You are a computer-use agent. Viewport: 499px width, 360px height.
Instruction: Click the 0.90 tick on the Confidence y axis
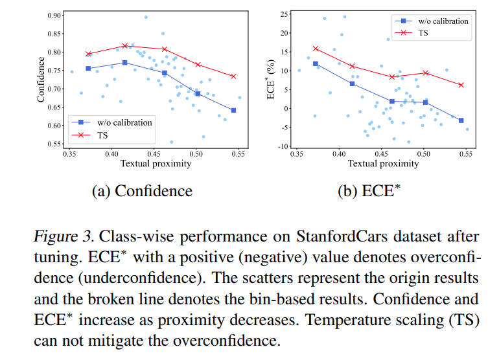click(x=54, y=15)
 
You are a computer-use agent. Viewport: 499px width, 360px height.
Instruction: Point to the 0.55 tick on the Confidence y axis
click(x=54, y=144)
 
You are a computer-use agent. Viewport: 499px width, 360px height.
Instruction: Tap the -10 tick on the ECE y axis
click(x=283, y=146)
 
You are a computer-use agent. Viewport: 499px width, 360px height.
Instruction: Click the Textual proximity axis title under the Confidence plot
click(x=156, y=164)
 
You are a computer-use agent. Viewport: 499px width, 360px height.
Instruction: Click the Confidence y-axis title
click(x=41, y=79)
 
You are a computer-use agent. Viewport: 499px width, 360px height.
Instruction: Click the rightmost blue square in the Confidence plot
click(x=233, y=110)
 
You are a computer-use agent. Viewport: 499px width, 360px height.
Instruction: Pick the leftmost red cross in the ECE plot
click(x=316, y=48)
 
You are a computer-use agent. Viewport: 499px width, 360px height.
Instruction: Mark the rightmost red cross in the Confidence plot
click(x=233, y=76)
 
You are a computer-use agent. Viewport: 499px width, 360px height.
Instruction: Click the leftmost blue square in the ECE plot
click(x=316, y=63)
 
